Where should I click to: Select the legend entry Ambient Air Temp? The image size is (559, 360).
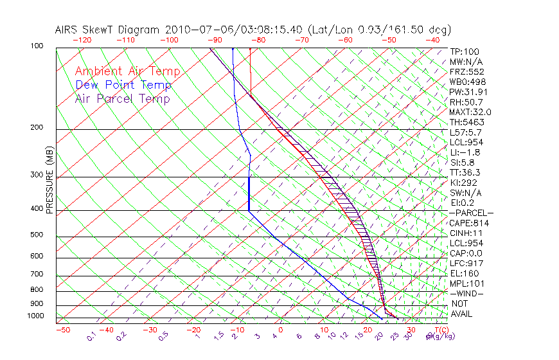pos(127,71)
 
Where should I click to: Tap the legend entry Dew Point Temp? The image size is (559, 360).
pos(123,85)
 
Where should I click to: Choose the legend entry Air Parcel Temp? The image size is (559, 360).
pos(122,98)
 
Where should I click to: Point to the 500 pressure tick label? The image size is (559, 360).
pos(37,235)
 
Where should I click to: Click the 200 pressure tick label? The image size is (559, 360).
pos(37,128)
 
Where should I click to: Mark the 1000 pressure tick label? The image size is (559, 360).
pos(35,316)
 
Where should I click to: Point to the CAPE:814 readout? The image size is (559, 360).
pos(469,223)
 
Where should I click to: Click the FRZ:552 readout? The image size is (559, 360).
pos(466,71)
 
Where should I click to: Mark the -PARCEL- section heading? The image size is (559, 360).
pos(472,213)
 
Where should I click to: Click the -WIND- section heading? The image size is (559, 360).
pos(466,293)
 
